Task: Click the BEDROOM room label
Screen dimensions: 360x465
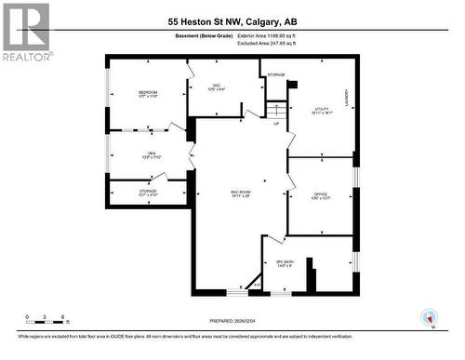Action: (x=148, y=93)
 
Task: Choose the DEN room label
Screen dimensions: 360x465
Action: (x=151, y=155)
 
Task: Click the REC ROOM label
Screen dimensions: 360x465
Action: (x=241, y=193)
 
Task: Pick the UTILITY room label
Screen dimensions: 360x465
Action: (x=322, y=110)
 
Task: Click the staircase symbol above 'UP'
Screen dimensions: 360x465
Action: (x=273, y=109)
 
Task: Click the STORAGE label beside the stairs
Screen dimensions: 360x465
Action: (x=276, y=74)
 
